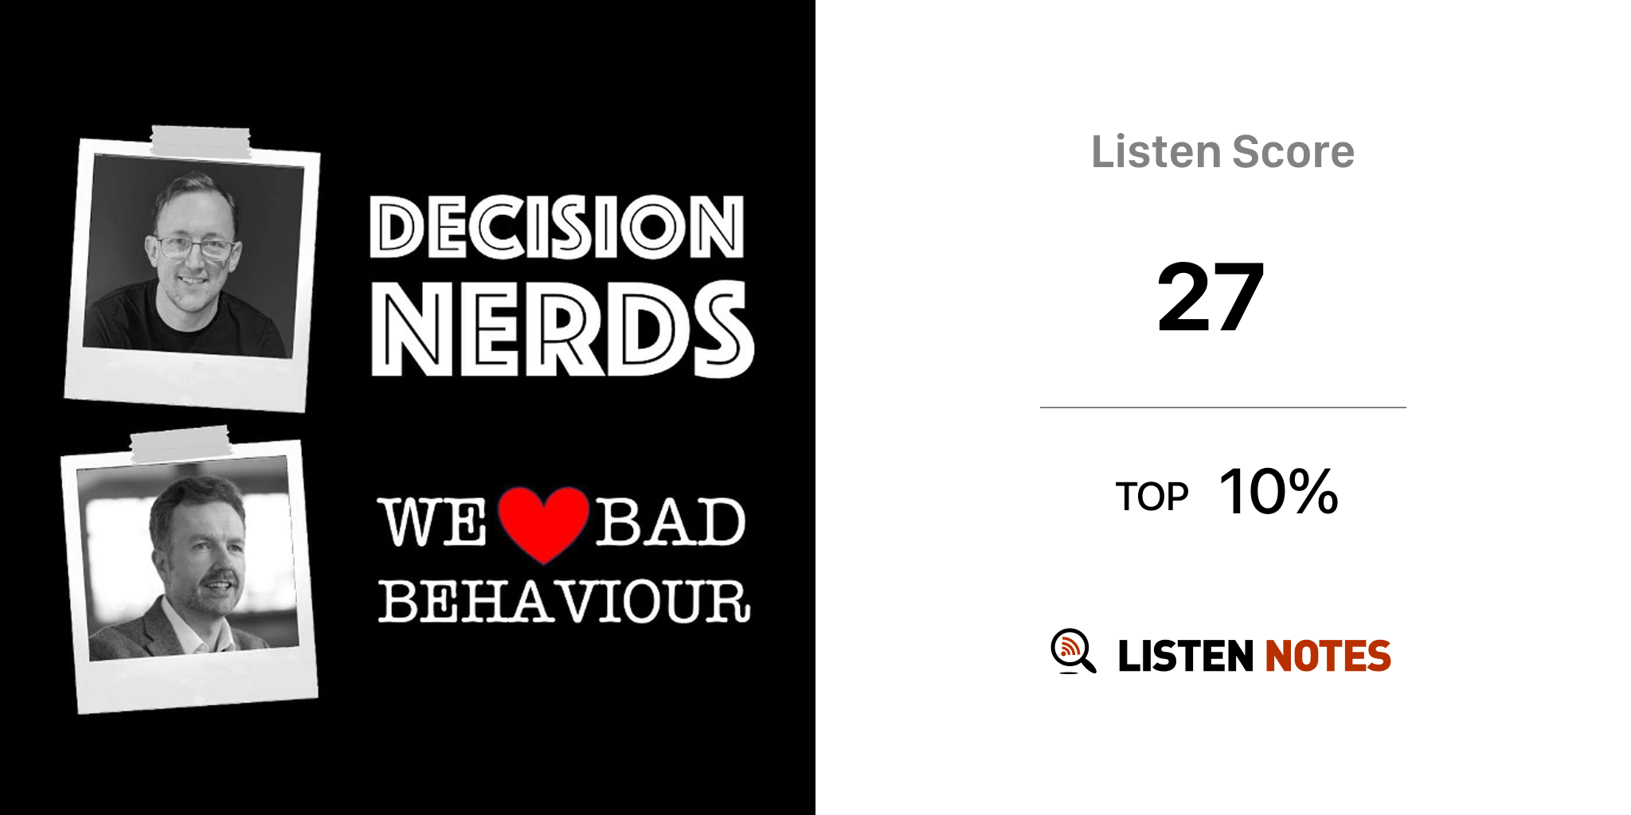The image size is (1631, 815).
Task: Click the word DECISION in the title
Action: [557, 227]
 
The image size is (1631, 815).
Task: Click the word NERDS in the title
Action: [562, 329]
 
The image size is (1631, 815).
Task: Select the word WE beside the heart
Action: [432, 522]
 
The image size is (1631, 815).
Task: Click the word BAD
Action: [671, 522]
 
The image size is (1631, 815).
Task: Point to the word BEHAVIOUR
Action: [564, 601]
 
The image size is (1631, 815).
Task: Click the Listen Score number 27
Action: [1211, 298]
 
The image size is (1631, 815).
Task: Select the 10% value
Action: [1279, 492]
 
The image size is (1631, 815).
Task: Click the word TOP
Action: [1152, 497]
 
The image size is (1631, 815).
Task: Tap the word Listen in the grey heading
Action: [1156, 151]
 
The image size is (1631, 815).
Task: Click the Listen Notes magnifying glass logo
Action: [1073, 651]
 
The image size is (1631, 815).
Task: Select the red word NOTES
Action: [1328, 656]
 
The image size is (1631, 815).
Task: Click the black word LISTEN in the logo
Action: [1186, 656]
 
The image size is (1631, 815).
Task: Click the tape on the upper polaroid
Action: [200, 142]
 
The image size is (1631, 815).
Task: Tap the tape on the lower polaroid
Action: [181, 444]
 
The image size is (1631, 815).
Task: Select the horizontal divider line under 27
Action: [1223, 407]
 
